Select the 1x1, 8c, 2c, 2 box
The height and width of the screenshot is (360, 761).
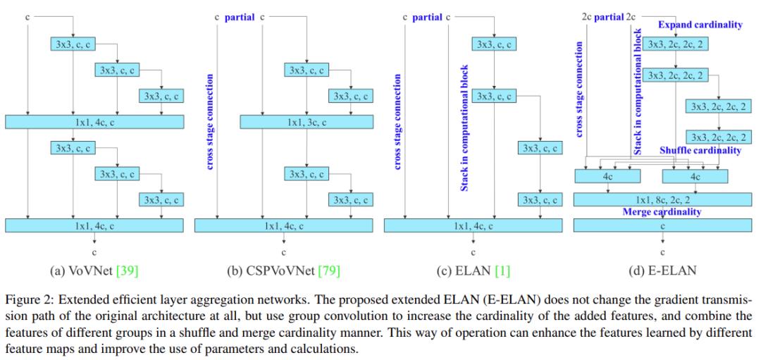tap(662, 200)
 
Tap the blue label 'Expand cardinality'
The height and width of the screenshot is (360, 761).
tap(700, 25)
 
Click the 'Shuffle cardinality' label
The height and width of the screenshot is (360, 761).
tap(700, 150)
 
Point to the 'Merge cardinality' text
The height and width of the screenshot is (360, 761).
tap(662, 212)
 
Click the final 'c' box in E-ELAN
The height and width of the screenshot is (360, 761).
tap(662, 226)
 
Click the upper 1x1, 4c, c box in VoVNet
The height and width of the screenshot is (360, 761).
tap(94, 122)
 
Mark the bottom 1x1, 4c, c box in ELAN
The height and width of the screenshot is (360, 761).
tap(473, 225)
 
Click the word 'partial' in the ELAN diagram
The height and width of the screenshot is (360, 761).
tap(427, 15)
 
